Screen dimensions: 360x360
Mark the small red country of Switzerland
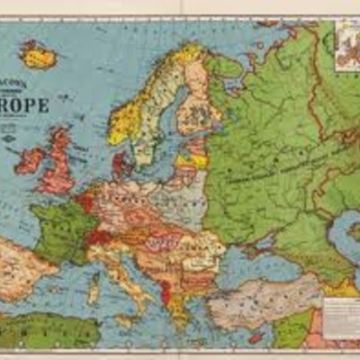coord(98,237)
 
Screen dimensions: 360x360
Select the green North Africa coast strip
coord(45,331)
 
